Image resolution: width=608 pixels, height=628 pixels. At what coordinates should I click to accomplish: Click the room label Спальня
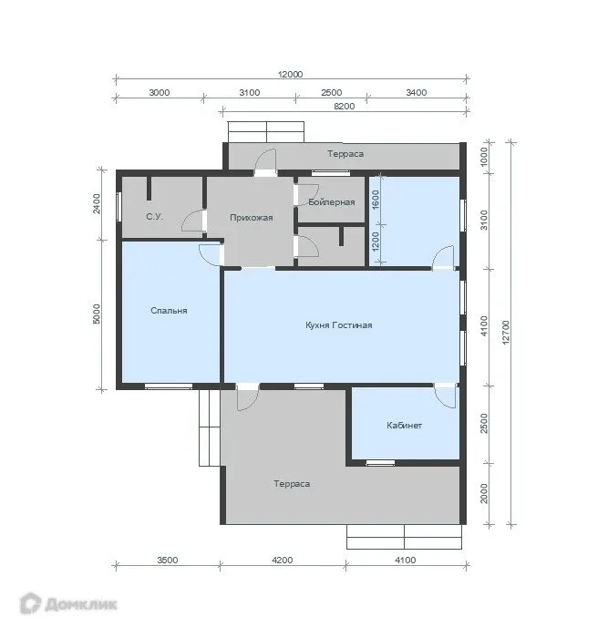[169, 311]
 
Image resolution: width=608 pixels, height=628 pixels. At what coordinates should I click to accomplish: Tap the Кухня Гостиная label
[339, 325]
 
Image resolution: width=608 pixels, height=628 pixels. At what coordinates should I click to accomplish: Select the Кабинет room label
[404, 426]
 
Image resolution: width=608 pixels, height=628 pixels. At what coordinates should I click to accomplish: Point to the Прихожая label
[252, 218]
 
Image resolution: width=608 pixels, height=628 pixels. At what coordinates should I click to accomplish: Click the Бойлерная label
[332, 201]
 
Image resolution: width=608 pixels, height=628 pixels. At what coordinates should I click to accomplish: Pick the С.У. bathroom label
[154, 217]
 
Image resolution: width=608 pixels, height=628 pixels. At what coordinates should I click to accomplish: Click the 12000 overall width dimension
[291, 74]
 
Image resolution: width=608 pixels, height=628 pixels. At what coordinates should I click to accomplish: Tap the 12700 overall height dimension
[506, 332]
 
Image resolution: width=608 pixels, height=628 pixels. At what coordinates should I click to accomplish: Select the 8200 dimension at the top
[344, 106]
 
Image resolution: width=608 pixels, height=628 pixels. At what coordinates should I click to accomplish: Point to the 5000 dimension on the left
[97, 314]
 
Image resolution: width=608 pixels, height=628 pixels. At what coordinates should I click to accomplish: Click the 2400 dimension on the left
[97, 203]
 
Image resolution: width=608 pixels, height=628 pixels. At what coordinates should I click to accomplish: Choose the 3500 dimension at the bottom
[168, 560]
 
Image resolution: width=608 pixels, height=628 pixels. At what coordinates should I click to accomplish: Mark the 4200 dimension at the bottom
[283, 560]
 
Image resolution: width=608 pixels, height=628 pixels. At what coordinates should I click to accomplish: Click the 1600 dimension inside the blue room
[376, 199]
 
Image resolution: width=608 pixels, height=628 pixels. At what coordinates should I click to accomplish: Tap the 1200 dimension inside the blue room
[376, 242]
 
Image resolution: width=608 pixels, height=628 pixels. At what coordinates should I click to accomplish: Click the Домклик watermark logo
[68, 603]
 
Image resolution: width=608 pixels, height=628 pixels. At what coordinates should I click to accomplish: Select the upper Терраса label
[345, 154]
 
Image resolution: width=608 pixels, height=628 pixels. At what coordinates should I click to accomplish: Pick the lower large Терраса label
[292, 484]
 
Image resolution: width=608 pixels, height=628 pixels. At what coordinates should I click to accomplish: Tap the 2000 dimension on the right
[484, 493]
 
